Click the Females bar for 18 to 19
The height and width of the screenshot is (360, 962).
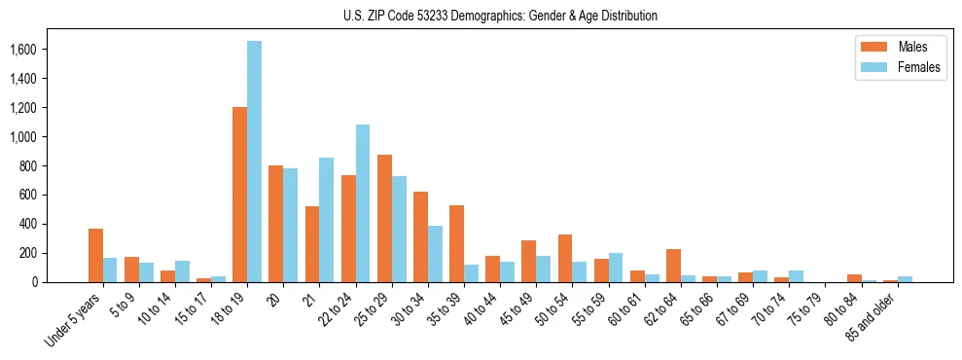[x=254, y=162]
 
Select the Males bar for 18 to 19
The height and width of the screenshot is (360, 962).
[x=239, y=195]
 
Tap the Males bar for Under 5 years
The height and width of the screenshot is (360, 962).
[x=95, y=256]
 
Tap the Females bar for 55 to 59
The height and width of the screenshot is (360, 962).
[x=616, y=268]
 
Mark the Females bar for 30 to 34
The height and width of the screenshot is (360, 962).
[x=435, y=254]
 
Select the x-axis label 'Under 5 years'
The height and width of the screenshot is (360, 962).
[x=73, y=320]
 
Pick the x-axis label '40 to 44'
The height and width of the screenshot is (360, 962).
[x=485, y=310]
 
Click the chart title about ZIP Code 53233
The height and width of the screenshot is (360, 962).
[x=500, y=16]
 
